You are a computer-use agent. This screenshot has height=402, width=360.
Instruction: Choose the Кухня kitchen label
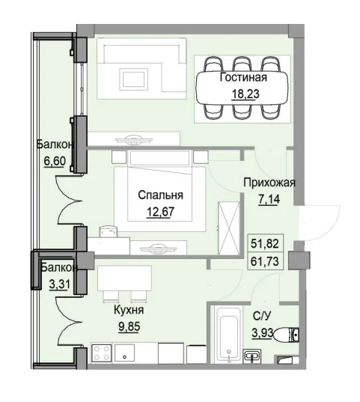click(x=129, y=309)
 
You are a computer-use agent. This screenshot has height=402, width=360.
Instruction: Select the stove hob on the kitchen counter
click(x=101, y=353)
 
